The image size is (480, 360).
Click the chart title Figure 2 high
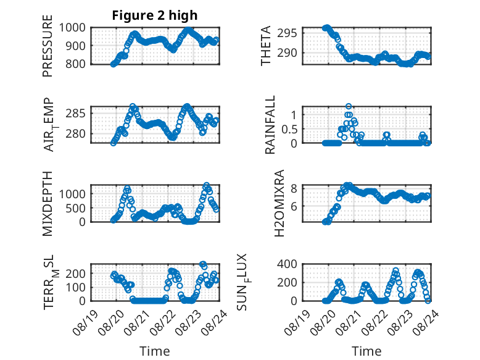pyautogui.click(x=155, y=15)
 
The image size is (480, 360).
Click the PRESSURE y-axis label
pyautogui.click(x=48, y=46)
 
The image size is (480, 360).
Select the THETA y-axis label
pyautogui.click(x=266, y=46)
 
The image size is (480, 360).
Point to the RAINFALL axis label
pyautogui.click(x=270, y=125)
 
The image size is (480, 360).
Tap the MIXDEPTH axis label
pyautogui.click(x=48, y=203)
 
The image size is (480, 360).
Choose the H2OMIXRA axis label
pyautogui.click(x=279, y=203)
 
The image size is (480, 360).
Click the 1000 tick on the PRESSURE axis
pyautogui.click(x=72, y=28)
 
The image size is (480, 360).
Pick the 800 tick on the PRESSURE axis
pyautogui.click(x=76, y=64)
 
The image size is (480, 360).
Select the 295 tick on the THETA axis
pyautogui.click(x=287, y=33)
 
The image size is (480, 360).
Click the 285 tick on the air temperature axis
pyautogui.click(x=76, y=114)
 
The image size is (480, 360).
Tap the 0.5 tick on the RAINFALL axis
pyautogui.click(x=289, y=129)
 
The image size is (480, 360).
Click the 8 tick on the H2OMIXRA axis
pyautogui.click(x=294, y=188)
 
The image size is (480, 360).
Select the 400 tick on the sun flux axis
pyautogui.click(x=287, y=264)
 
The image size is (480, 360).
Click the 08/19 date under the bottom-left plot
pyautogui.click(x=85, y=322)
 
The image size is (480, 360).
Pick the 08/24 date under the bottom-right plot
pyautogui.click(x=426, y=322)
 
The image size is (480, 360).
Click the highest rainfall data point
pyautogui.click(x=349, y=106)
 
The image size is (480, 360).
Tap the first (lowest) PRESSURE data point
pyautogui.click(x=114, y=64)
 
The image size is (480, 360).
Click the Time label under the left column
pyautogui.click(x=155, y=351)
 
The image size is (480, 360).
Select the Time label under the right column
pyautogui.click(x=366, y=351)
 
